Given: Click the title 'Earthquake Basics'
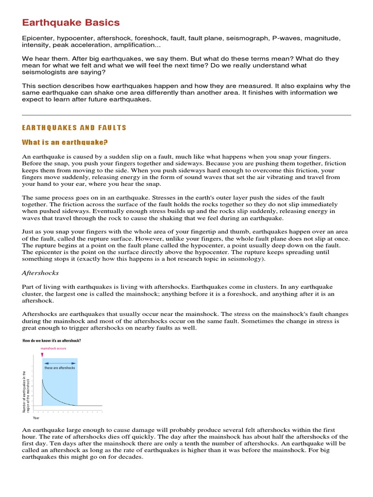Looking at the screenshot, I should (x=71, y=23).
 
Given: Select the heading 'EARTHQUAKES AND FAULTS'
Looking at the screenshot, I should (x=74, y=128).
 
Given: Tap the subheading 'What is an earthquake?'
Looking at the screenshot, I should (x=65, y=142).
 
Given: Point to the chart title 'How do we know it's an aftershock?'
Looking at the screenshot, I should (x=52, y=341).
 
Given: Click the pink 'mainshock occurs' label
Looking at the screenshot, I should (x=53, y=348).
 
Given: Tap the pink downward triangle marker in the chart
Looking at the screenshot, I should (x=42, y=355).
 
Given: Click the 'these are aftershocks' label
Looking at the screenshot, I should (x=60, y=368).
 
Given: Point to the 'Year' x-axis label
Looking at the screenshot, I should (x=36, y=417).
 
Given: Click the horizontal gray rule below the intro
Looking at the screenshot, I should (x=186, y=115).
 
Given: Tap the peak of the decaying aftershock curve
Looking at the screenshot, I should (x=43, y=380).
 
